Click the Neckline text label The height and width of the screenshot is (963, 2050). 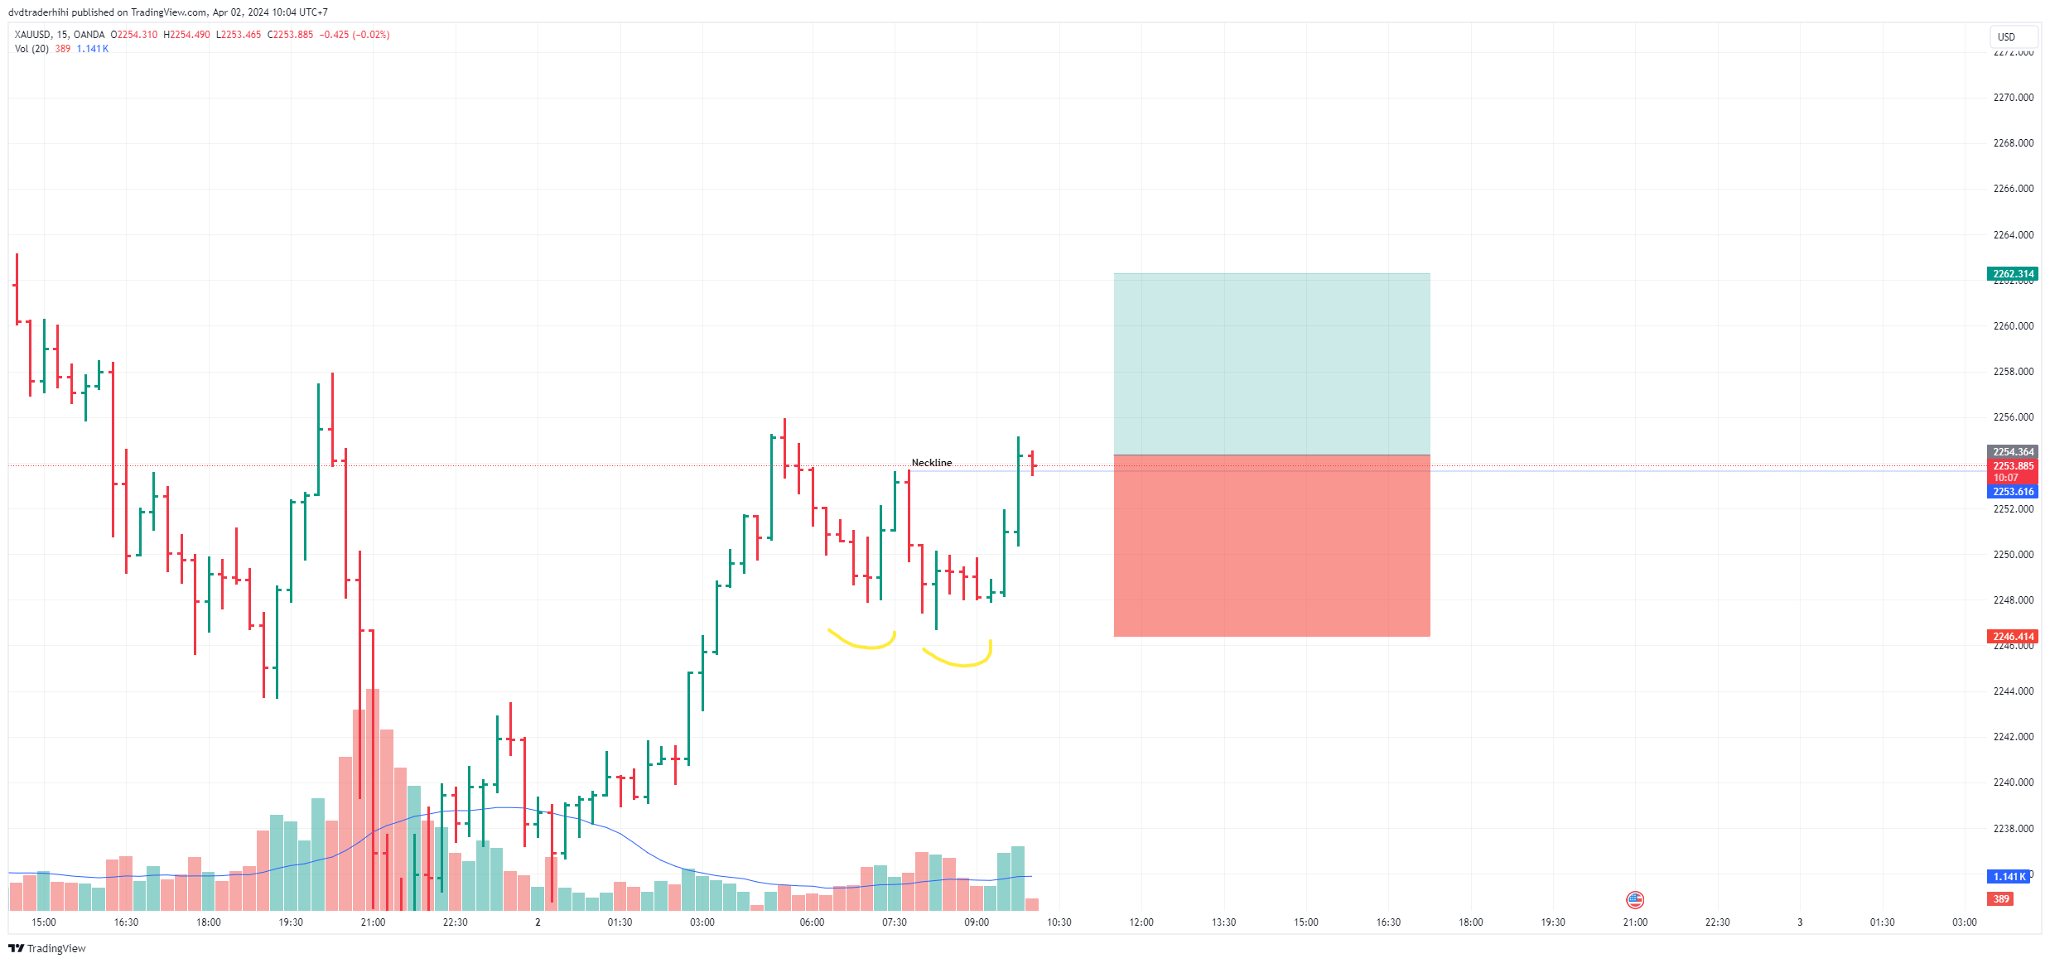(931, 463)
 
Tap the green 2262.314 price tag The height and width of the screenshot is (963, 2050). (2012, 274)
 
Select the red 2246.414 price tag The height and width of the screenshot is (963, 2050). (2012, 637)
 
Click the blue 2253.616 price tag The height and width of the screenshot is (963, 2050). (2012, 492)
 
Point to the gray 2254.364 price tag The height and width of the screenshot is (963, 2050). (2012, 452)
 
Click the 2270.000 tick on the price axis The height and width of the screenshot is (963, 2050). (2013, 98)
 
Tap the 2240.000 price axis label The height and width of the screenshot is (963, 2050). (2013, 782)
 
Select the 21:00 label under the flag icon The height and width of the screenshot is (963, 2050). (1635, 922)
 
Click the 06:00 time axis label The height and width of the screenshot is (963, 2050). (812, 922)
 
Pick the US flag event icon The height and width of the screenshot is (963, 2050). (1635, 900)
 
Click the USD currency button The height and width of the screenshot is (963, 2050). (2006, 37)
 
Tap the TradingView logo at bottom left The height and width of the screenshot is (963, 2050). (47, 949)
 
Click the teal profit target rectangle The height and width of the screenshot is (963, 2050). (1271, 364)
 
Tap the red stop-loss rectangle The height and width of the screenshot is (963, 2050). (1271, 547)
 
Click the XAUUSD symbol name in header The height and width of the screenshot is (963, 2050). (32, 35)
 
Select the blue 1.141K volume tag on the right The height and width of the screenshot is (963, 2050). (2009, 877)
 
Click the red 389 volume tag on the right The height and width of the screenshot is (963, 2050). (2001, 899)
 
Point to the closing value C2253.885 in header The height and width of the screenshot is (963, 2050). (290, 35)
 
